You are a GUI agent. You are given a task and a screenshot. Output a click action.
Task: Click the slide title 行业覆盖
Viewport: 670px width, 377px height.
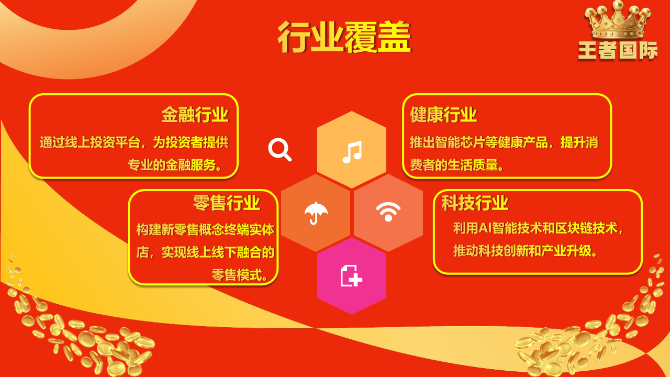click(x=344, y=37)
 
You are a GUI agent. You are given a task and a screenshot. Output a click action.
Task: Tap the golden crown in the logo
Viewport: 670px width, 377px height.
click(x=618, y=20)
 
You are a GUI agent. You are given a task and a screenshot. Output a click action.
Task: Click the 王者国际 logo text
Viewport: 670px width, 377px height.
click(x=618, y=50)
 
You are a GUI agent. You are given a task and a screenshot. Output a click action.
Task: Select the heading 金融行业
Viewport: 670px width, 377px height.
click(x=195, y=115)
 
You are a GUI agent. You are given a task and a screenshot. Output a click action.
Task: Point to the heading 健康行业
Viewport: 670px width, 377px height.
click(x=443, y=115)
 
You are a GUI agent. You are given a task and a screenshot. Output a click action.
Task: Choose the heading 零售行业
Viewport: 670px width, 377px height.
click(x=227, y=203)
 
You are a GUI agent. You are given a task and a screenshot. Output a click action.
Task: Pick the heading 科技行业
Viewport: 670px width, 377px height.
click(x=475, y=203)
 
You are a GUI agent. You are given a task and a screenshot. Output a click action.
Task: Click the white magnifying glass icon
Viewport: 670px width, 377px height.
click(x=280, y=150)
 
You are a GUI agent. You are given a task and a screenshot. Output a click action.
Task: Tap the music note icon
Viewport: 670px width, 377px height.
click(x=352, y=152)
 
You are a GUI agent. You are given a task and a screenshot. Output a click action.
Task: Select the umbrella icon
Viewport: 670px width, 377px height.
click(x=316, y=213)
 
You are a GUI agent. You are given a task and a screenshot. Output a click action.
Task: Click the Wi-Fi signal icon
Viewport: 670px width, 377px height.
click(x=388, y=212)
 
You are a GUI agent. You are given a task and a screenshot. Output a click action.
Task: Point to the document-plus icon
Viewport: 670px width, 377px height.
click(x=351, y=275)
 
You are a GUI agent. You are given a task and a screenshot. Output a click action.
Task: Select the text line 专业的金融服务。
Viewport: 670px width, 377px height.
click(x=175, y=165)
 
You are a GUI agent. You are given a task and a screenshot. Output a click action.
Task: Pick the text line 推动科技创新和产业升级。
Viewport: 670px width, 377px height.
click(x=526, y=251)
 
